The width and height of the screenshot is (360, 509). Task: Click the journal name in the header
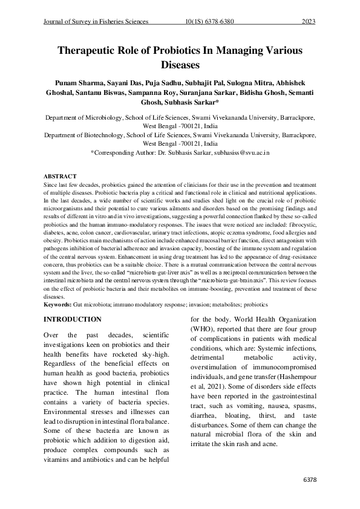coord(96,22)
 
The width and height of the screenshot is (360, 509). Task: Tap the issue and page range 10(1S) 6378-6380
coord(209,22)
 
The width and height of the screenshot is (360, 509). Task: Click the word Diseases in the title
coord(180,63)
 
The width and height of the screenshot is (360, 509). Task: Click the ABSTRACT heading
coord(61,177)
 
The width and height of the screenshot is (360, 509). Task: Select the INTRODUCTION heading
coord(77,319)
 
